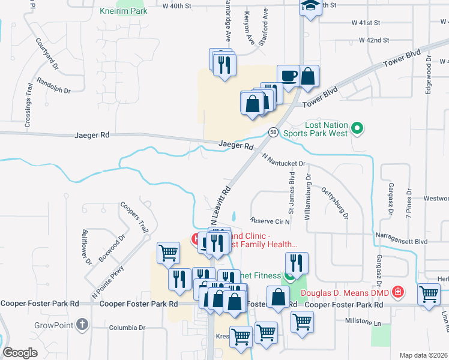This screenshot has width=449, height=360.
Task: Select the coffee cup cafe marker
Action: (x=288, y=77)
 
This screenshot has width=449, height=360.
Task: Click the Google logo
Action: (x=20, y=352)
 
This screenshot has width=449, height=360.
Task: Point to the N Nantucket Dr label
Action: (x=284, y=160)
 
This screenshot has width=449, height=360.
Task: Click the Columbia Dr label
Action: (x=127, y=328)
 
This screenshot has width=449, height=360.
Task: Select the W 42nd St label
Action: (x=374, y=40)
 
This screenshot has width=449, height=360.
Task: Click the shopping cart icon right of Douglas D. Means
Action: (x=429, y=294)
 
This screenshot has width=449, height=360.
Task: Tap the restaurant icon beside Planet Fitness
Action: (x=297, y=263)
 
